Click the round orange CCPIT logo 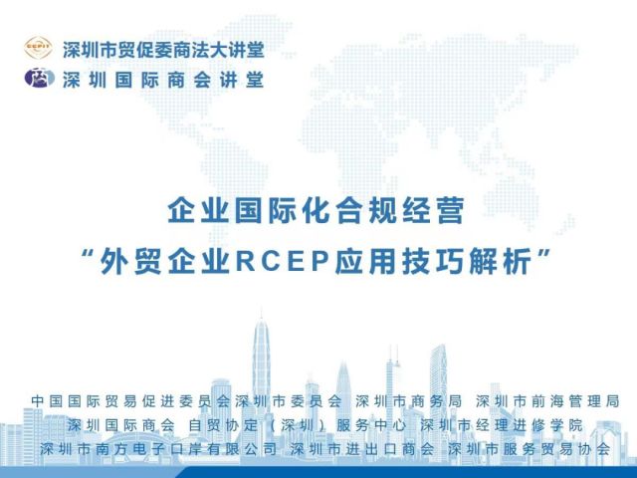(x=38, y=48)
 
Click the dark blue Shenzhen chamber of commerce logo (x=40, y=78)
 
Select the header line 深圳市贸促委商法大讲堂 (x=163, y=50)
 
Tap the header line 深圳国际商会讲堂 (x=163, y=80)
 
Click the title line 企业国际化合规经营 (x=316, y=210)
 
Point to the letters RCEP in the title (x=282, y=261)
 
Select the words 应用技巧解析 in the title (x=433, y=261)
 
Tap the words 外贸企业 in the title (x=165, y=261)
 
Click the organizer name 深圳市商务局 (x=408, y=401)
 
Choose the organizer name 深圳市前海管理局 (x=547, y=401)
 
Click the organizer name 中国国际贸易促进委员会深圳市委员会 (x=187, y=401)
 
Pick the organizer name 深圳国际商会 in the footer (x=121, y=425)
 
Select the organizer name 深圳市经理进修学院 (x=502, y=425)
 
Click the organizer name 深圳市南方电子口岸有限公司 (x=158, y=449)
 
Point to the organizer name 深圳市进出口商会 (x=362, y=449)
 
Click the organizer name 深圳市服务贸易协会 (x=530, y=449)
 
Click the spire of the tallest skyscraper (x=261, y=314)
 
